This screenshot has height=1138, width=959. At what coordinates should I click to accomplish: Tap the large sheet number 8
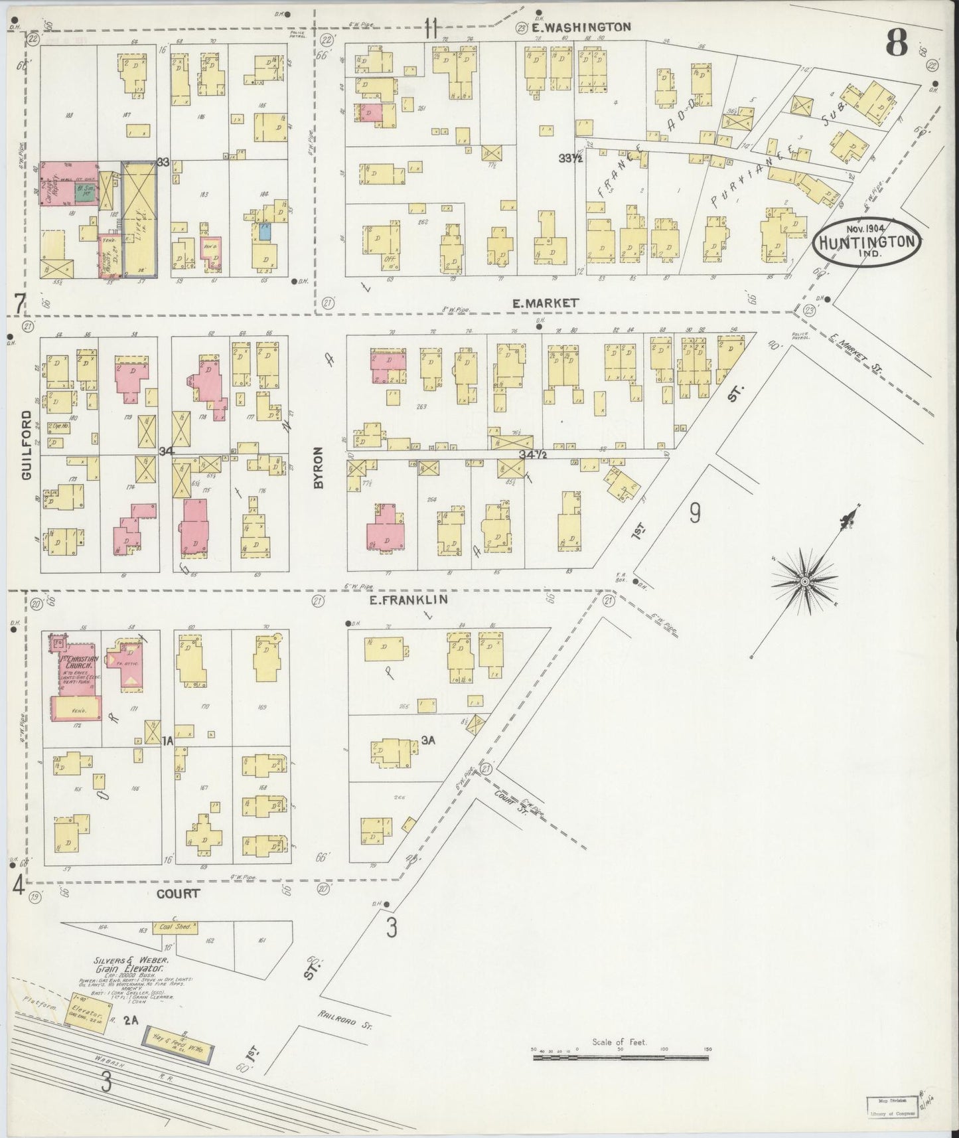coord(897,45)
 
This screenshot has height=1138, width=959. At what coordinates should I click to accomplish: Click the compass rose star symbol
coord(804,582)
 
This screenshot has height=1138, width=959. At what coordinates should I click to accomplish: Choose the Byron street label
coord(318,468)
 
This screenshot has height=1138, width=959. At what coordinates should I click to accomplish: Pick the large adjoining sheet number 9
coord(694,513)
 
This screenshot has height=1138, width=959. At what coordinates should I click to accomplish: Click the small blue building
coord(265,231)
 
